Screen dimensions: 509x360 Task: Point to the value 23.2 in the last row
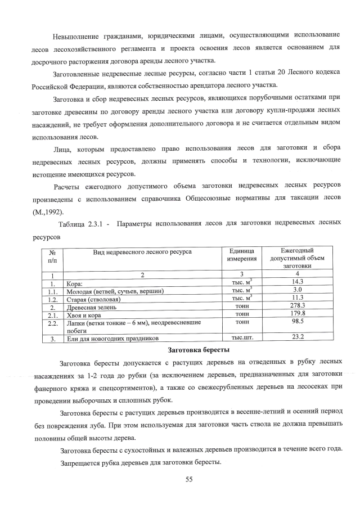click(298, 337)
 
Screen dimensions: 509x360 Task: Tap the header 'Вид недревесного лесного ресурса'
click(142, 251)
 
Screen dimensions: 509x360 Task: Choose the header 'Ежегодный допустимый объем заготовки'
click(298, 258)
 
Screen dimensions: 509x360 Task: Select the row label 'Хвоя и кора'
click(84, 316)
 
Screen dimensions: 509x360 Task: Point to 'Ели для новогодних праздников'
click(112, 339)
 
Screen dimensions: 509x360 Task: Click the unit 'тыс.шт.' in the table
click(242, 338)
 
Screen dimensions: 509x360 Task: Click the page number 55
click(190, 479)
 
